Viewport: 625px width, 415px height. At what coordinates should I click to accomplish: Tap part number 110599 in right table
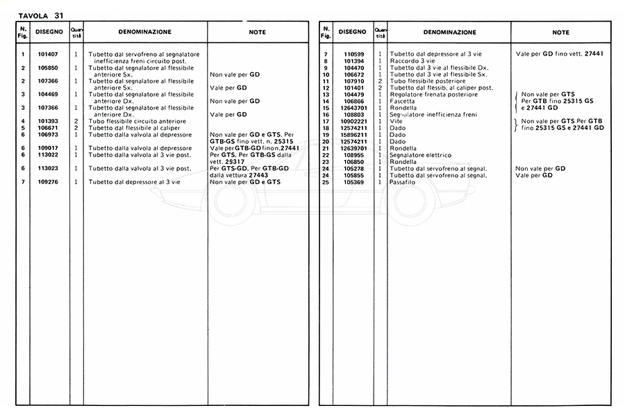(354, 54)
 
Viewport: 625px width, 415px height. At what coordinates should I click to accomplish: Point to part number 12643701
(354, 107)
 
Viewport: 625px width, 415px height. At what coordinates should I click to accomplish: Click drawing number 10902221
(354, 121)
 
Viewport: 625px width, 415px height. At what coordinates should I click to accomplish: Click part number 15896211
(354, 134)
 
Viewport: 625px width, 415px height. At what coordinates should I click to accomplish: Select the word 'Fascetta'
(403, 101)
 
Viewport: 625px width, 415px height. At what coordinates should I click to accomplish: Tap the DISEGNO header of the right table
(353, 32)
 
